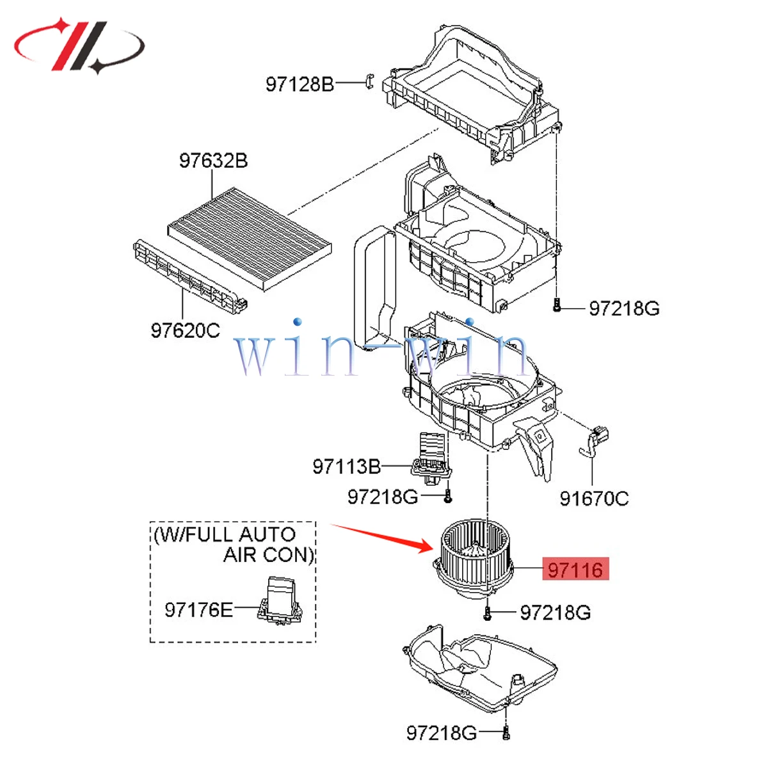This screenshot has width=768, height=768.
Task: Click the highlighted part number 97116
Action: click(x=575, y=569)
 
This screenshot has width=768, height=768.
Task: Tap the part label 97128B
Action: click(x=300, y=84)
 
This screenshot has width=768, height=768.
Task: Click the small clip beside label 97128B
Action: click(x=369, y=82)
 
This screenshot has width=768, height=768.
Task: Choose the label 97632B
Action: click(x=213, y=160)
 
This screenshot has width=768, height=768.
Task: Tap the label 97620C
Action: click(x=185, y=330)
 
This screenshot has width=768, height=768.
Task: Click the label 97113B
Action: click(x=346, y=467)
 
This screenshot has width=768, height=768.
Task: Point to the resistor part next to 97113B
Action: click(x=431, y=456)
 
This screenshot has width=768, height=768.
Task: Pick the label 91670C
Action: click(x=594, y=498)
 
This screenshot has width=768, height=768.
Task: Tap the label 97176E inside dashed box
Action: click(x=198, y=609)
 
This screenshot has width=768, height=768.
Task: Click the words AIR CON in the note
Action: click(x=268, y=554)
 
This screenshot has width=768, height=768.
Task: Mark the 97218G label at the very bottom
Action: click(x=441, y=732)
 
